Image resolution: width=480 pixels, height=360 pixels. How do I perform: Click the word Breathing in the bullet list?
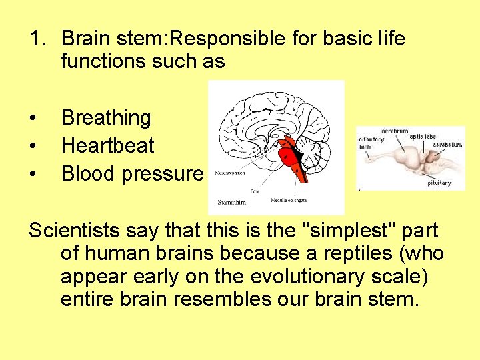click(106, 119)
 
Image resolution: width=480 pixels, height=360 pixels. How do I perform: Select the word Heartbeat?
click(107, 146)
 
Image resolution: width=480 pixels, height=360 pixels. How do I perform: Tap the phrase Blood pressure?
click(132, 174)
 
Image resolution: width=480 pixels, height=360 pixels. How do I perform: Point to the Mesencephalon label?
click(231, 172)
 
